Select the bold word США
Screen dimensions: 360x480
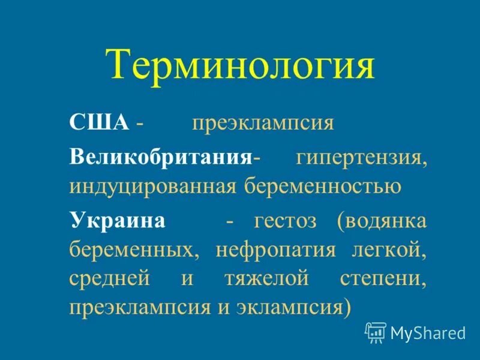tap(99, 123)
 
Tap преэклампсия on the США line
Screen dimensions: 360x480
tap(262, 124)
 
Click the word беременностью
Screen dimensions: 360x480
tap(322, 187)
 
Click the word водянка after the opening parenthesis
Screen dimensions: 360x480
tap(385, 220)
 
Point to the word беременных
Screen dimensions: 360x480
tap(134, 249)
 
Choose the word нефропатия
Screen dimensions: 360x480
tap(275, 249)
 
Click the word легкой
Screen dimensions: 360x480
tap(389, 248)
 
